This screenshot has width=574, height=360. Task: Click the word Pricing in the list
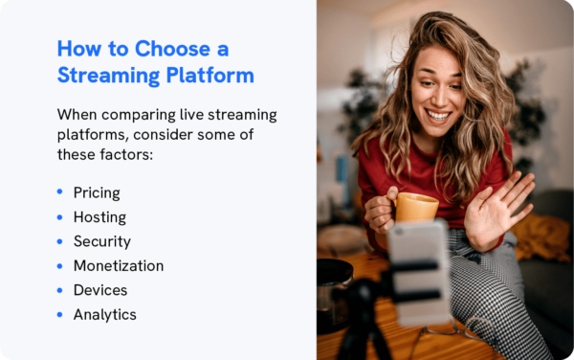tap(97, 193)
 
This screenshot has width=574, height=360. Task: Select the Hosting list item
tap(99, 217)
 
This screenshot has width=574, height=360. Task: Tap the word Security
tap(101, 241)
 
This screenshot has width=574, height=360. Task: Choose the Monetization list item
tap(118, 266)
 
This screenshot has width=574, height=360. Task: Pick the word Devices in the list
tap(99, 290)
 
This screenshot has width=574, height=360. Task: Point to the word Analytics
tap(104, 314)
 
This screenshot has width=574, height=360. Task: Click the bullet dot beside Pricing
tap(60, 193)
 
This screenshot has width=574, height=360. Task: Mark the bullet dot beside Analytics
tap(60, 314)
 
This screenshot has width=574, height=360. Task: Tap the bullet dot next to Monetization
tap(60, 266)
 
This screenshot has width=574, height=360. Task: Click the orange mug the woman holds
tap(416, 206)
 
